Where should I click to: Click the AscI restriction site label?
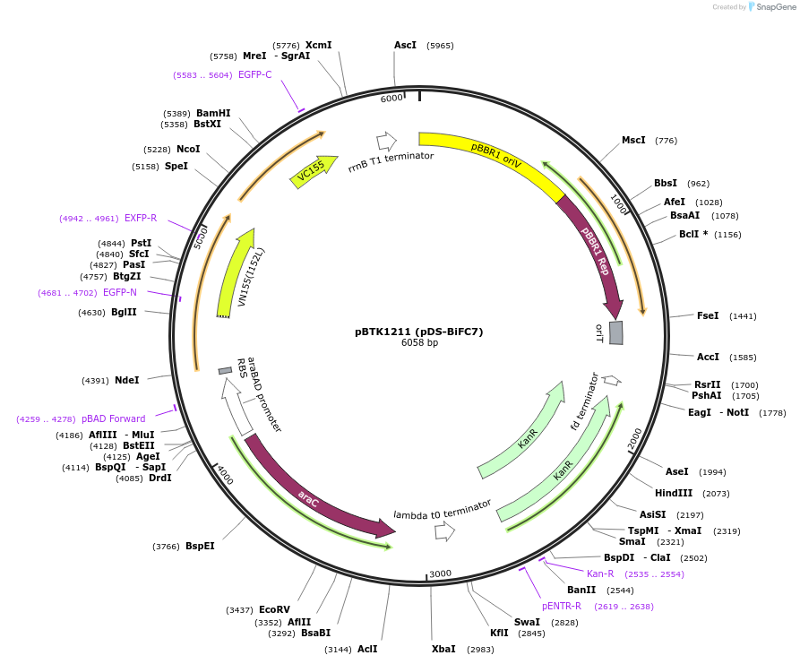click(405, 45)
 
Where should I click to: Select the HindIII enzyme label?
click(674, 493)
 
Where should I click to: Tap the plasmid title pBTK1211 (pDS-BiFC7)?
click(418, 332)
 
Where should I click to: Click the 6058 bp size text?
click(419, 343)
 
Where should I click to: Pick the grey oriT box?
click(616, 332)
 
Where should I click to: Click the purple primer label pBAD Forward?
click(113, 418)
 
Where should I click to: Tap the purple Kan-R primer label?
click(600, 573)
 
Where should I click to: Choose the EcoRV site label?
click(274, 609)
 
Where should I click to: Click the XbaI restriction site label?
click(443, 649)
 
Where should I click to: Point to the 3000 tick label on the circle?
click(440, 573)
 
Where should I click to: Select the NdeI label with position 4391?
click(126, 380)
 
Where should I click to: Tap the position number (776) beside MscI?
click(666, 141)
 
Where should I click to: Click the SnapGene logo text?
click(776, 7)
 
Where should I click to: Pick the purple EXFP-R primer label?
click(141, 218)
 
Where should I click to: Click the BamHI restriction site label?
click(213, 113)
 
